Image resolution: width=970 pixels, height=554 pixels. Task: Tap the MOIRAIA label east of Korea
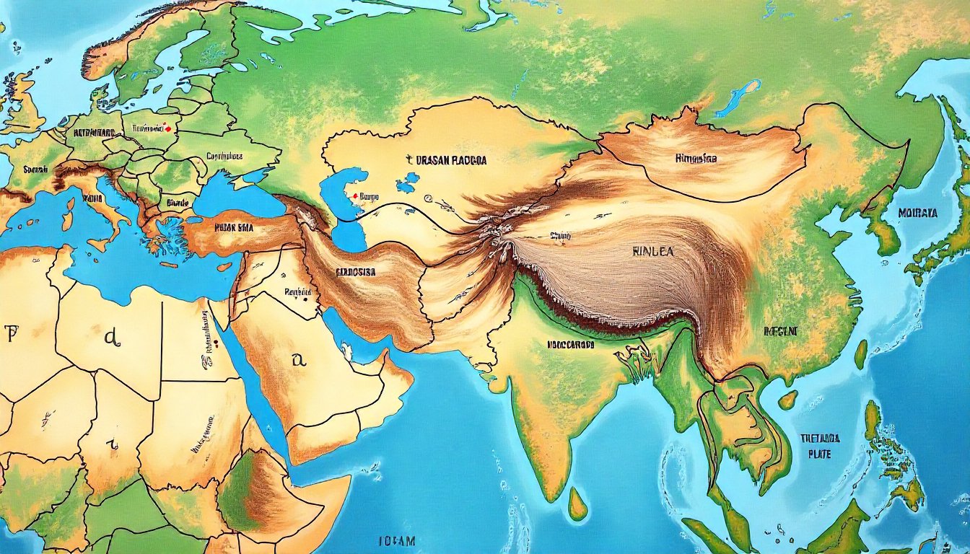tap(918, 213)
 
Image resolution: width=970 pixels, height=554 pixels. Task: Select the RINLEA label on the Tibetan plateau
tap(652, 253)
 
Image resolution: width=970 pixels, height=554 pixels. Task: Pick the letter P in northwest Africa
tap(10, 333)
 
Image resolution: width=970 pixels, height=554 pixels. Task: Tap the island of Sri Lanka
tap(577, 503)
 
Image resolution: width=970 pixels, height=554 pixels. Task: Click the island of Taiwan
tap(861, 354)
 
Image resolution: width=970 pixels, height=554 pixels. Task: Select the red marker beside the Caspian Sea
tap(354, 195)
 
